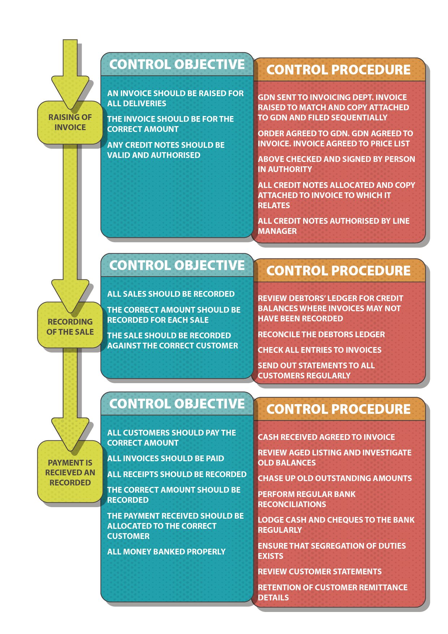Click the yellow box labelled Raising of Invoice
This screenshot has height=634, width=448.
pyautogui.click(x=70, y=122)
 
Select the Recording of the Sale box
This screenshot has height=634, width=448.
pyautogui.click(x=70, y=326)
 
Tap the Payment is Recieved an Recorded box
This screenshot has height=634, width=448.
pyautogui.click(x=70, y=472)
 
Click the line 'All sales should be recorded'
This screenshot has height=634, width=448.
pyautogui.click(x=171, y=294)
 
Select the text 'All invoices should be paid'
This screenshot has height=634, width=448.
pyautogui.click(x=165, y=458)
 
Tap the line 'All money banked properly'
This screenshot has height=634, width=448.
pyautogui.click(x=166, y=552)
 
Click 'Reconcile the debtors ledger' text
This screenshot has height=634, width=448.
pyautogui.click(x=321, y=334)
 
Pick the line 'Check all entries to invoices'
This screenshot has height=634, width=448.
pyautogui.click(x=319, y=350)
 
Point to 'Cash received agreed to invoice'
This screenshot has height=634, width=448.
pyautogui.click(x=326, y=437)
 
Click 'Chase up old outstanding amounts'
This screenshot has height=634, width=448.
pyautogui.click(x=335, y=478)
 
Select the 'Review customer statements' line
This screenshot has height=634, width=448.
pyautogui.click(x=319, y=571)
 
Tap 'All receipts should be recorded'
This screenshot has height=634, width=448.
pyautogui.click(x=177, y=474)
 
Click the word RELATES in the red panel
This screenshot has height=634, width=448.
pyautogui.click(x=274, y=205)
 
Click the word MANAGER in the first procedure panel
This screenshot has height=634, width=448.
pyautogui.click(x=277, y=231)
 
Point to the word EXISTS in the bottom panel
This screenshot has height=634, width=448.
pyautogui.click(x=270, y=556)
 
